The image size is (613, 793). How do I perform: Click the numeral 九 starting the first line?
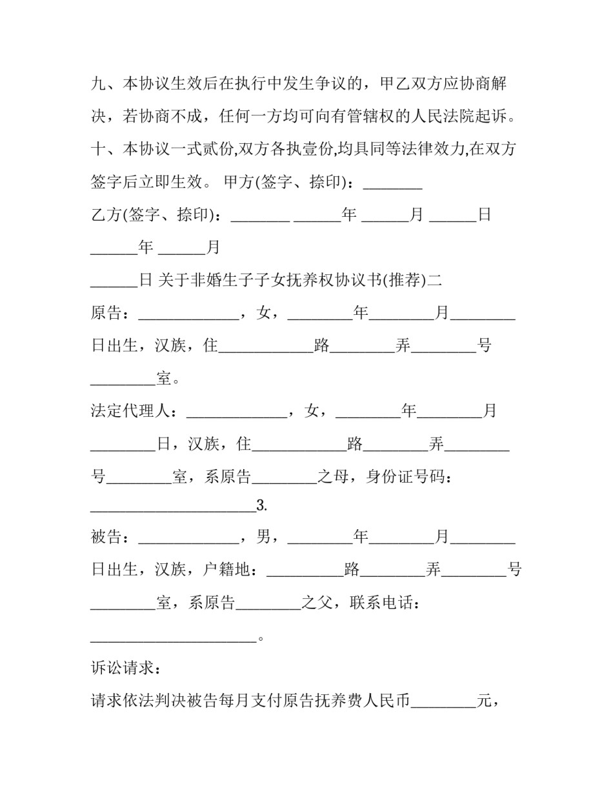99,84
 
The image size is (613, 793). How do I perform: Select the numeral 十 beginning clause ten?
99,150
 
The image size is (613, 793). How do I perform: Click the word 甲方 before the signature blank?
239,183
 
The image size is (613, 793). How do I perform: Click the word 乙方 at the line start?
106,215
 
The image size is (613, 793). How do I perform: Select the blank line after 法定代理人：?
237,413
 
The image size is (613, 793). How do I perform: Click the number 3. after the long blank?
262,506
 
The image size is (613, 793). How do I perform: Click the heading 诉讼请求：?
123,668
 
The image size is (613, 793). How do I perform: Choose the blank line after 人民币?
443,703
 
